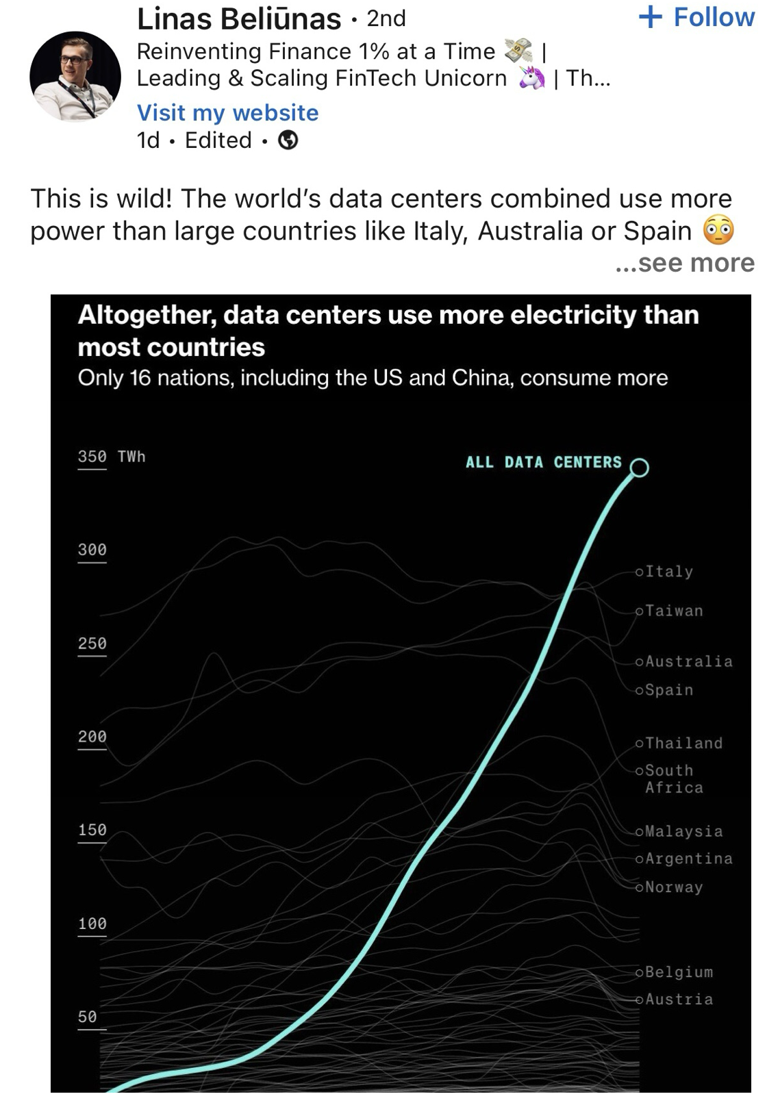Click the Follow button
point(696,17)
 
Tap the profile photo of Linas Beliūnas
point(75,76)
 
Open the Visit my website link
point(227,112)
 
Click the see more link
point(685,262)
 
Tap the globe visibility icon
point(288,140)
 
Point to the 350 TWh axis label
point(111,457)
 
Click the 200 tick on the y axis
point(92,737)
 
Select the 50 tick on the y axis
point(87,1017)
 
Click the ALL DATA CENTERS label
point(544,462)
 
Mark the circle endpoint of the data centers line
point(639,468)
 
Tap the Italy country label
point(668,572)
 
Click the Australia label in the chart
point(688,661)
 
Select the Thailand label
point(683,744)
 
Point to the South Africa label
point(674,779)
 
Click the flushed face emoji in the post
point(718,231)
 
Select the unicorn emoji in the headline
point(531,79)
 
